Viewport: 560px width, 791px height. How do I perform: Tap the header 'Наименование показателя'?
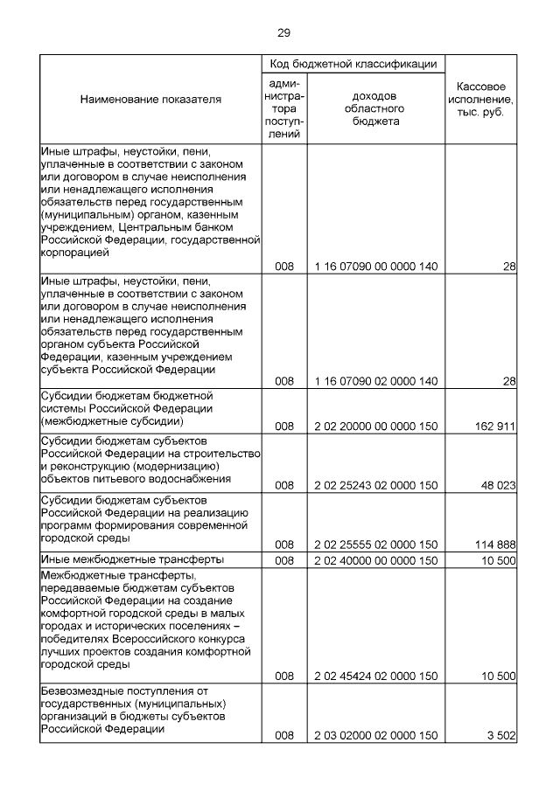(150, 100)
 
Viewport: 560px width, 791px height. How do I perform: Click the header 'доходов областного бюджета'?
(375, 108)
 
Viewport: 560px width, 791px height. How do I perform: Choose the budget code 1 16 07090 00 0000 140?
(375, 266)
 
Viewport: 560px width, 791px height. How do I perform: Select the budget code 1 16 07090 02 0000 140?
(375, 381)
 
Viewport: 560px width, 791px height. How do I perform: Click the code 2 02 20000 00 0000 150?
(375, 427)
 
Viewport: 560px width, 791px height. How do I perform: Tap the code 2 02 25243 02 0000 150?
(375, 484)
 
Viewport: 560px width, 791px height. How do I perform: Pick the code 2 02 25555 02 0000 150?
(375, 544)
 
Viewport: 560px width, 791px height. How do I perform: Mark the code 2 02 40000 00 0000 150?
(375, 559)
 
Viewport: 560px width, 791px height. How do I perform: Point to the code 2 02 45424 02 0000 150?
(375, 676)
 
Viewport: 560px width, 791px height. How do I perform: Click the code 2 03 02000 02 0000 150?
(375, 736)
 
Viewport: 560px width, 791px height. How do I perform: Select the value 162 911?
(493, 427)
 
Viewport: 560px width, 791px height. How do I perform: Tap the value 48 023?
(496, 484)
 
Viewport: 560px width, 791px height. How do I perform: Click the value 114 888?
(493, 544)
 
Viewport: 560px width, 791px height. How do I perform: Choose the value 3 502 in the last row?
(500, 736)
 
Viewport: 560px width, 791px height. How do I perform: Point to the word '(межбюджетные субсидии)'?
(112, 420)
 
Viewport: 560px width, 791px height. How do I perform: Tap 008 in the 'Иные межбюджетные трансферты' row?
(283, 559)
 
